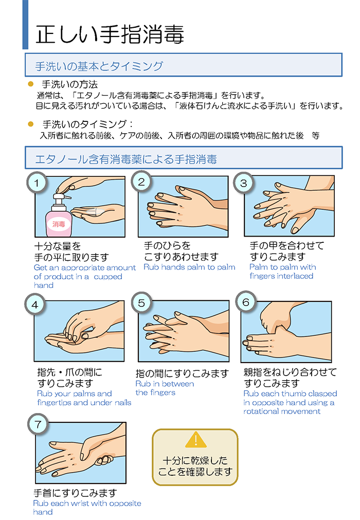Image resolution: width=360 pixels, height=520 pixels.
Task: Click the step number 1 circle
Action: click(x=37, y=183)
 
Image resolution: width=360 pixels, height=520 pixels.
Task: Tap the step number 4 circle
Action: click(x=35, y=305)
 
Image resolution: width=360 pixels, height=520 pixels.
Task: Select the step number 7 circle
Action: click(x=38, y=424)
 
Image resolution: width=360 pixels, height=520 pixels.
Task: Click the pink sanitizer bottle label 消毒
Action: click(x=59, y=224)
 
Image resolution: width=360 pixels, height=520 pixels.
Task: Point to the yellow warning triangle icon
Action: click(x=196, y=440)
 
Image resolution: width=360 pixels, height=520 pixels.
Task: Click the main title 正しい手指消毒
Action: click(x=110, y=34)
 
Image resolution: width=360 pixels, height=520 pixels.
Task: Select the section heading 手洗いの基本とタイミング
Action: click(x=99, y=66)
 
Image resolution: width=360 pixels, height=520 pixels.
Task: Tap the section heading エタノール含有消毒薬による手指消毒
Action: click(x=126, y=159)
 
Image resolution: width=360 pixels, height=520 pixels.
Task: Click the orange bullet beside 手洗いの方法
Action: click(x=31, y=84)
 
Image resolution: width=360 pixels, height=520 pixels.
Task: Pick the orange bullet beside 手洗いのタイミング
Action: click(x=31, y=124)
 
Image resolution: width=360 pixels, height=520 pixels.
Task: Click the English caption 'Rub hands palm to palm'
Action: click(x=189, y=267)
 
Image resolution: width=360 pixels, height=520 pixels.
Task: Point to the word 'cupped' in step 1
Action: click(x=108, y=277)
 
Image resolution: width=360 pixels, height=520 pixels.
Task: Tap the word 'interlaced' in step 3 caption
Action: click(x=294, y=276)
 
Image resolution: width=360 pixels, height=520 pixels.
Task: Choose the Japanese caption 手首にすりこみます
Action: click(x=75, y=493)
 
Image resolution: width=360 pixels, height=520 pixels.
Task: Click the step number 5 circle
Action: click(x=141, y=303)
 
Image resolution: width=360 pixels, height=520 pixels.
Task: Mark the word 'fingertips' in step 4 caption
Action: click(x=54, y=403)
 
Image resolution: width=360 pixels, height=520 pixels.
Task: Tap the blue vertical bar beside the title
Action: click(x=25, y=25)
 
